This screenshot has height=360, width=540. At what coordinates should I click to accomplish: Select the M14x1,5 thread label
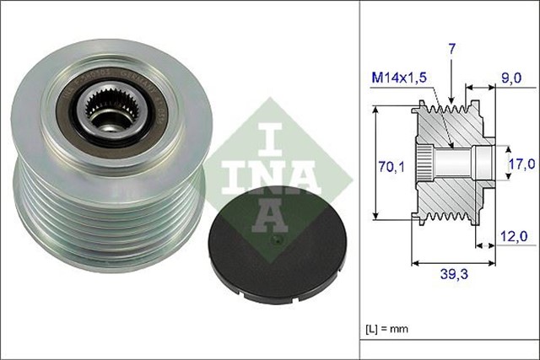400,78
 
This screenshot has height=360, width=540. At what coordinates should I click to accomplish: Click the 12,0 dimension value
511,238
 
